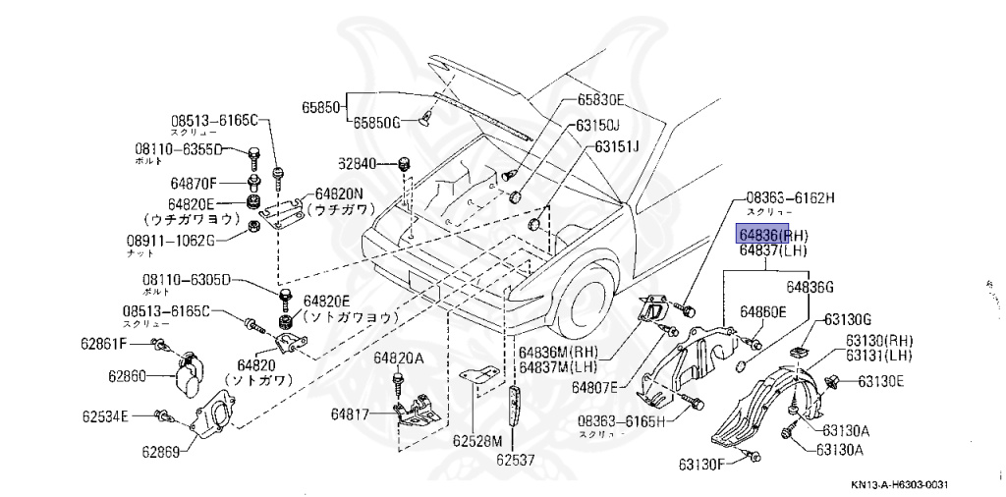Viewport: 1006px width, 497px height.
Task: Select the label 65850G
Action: coord(378,123)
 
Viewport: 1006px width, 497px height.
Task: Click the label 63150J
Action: coord(598,125)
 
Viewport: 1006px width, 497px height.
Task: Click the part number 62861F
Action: coord(103,344)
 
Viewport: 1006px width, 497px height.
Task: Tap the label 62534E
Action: coord(104,415)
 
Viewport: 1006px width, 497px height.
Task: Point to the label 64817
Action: coord(349,414)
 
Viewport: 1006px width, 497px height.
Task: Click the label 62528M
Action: coord(476,441)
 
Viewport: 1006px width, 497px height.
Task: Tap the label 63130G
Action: coord(848,319)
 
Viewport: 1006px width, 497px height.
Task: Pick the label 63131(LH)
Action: coord(878,355)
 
